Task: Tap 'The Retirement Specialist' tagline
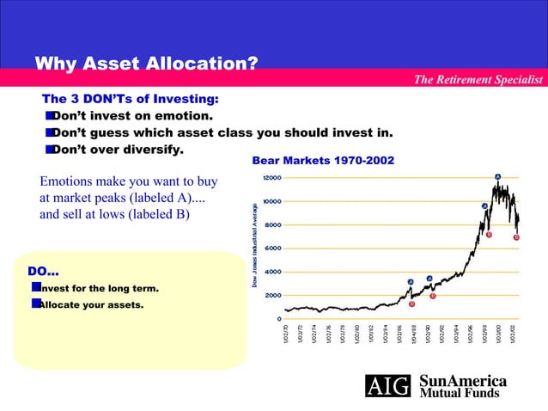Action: pos(478,80)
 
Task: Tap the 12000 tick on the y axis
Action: pos(271,178)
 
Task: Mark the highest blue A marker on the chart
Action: pos(497,176)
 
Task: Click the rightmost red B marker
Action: pos(516,237)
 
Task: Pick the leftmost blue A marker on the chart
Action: pos(411,282)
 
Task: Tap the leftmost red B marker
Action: pos(412,304)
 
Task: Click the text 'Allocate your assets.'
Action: pos(89,304)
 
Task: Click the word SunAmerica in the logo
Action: pos(462,381)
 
